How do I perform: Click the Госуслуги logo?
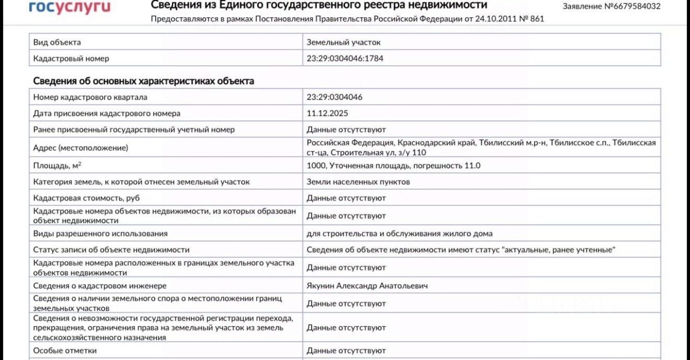pos(70,7)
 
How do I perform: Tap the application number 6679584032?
pos(636,6)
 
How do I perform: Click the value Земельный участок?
pos(343,42)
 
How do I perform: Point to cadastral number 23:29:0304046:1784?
pos(345,58)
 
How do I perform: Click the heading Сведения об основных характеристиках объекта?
pos(143,81)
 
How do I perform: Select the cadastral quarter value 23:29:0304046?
pos(334,97)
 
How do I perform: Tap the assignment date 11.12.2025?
pos(327,113)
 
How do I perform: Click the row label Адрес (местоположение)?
pos(80,148)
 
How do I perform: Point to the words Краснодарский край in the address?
pos(437,143)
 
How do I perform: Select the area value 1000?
pos(316,165)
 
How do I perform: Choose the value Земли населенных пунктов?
pos(358,182)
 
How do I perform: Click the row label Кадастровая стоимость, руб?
pos(86,198)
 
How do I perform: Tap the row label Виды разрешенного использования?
pos(100,233)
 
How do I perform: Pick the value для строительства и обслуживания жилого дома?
pos(399,233)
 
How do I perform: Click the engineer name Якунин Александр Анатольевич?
pos(367,286)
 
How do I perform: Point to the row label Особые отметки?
pos(65,350)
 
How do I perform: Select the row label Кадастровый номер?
pos(71,58)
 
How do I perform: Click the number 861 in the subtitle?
pos(537,19)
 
